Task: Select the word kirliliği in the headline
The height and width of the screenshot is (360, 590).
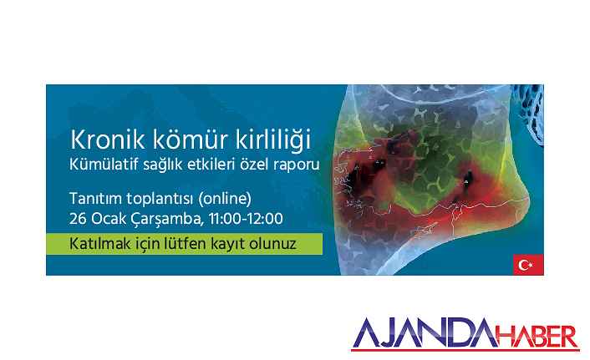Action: tap(273, 141)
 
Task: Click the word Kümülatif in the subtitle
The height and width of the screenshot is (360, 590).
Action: tap(103, 165)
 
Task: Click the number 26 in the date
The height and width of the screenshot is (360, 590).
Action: tap(78, 219)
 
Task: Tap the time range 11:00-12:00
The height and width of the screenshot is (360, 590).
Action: tap(246, 219)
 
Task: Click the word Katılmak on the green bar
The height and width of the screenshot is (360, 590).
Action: tap(99, 244)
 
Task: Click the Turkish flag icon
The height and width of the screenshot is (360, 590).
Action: tap(528, 265)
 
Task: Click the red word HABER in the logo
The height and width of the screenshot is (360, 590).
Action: tap(537, 337)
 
